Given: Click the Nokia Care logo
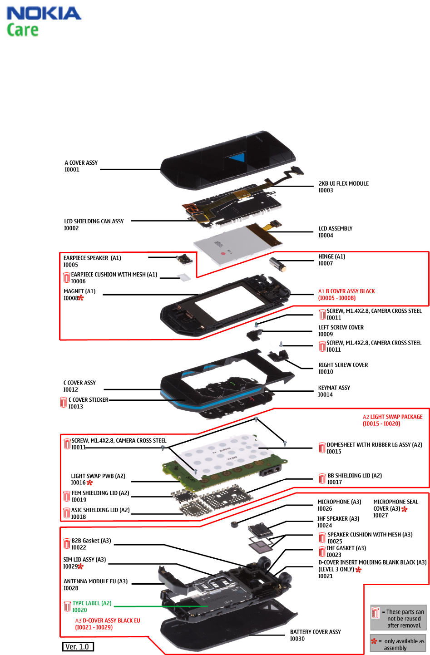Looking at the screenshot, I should tap(44, 21).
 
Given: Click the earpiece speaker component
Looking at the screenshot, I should tap(184, 260).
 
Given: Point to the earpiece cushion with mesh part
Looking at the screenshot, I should tap(183, 276).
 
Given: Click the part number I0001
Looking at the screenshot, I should tap(72, 170).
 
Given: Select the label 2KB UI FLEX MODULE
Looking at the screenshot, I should tap(343, 183).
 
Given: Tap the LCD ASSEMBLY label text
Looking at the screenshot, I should tap(335, 228).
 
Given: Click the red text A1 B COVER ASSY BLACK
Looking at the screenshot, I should tap(346, 291).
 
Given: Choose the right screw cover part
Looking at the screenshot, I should tap(278, 355).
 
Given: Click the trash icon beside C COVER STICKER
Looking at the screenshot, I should tap(64, 402).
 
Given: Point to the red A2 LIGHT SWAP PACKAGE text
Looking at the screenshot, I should tap(392, 417).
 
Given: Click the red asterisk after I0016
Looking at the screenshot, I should tap(89, 483).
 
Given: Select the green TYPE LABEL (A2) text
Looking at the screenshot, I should tap(92, 603).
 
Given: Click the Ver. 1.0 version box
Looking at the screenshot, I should tap(78, 647).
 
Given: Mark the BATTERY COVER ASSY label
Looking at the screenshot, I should tap(315, 632).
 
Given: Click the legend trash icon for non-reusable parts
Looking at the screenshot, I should tap(376, 613).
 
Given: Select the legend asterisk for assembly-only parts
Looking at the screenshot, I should tap(374, 641).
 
